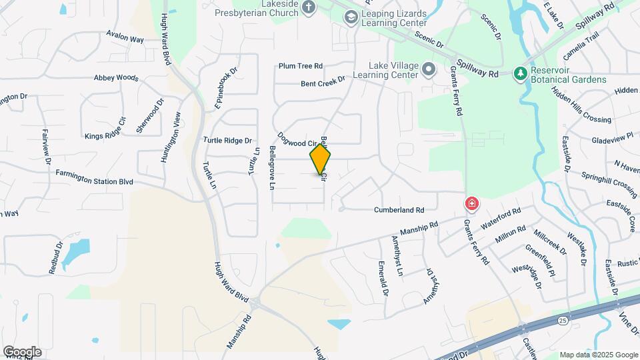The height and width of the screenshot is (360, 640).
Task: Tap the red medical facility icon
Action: point(471,203)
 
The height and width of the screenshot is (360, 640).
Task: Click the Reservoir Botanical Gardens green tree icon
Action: point(520,73)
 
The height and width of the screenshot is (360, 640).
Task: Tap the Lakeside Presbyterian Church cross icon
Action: point(308,7)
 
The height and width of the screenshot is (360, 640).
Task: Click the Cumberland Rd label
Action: point(399,209)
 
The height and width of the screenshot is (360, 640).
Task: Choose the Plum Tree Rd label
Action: point(301,66)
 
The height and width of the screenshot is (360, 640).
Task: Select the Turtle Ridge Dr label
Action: point(228,141)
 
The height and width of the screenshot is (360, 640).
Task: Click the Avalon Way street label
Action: point(125,39)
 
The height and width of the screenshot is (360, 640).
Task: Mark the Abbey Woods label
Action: point(116,77)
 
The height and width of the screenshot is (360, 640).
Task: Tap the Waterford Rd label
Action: point(500,220)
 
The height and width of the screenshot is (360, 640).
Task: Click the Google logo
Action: point(22,352)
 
